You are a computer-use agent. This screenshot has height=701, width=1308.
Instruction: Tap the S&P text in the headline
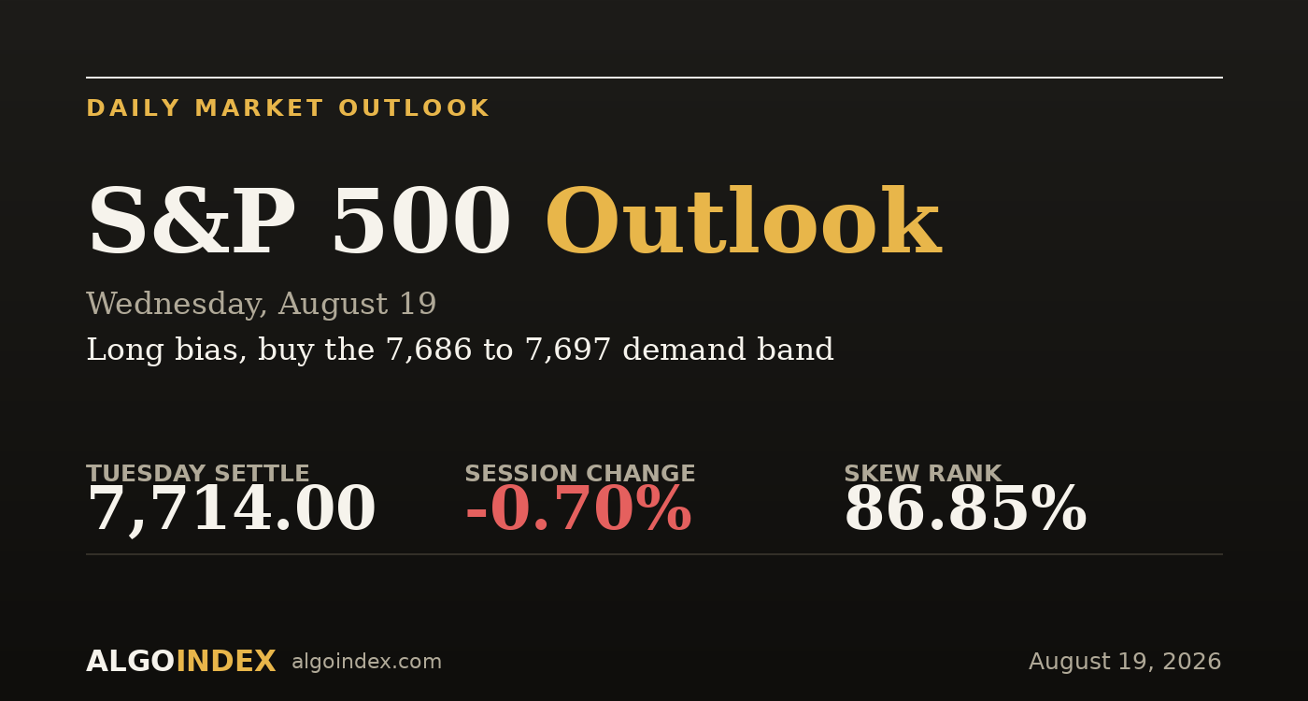[191, 220]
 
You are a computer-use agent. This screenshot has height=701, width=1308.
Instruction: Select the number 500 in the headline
[421, 220]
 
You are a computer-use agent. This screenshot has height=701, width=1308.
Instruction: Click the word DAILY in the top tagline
[133, 108]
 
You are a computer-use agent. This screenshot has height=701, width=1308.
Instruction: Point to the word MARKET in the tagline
[259, 108]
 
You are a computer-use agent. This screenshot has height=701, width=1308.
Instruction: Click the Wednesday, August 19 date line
[261, 305]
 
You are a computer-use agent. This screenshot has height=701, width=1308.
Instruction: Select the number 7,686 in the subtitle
[429, 350]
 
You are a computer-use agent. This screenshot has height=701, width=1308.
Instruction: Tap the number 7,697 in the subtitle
[568, 350]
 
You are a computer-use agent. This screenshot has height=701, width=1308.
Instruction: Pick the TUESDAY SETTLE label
[198, 473]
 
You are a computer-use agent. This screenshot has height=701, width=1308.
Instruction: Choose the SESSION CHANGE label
[580, 473]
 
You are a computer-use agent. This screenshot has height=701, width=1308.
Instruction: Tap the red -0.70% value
[578, 508]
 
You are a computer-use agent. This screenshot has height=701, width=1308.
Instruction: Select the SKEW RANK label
[923, 473]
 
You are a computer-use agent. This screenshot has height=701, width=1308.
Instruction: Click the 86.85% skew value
[965, 508]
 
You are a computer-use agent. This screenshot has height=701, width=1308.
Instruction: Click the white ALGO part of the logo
[131, 662]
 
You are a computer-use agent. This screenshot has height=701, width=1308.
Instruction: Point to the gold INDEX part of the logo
[226, 662]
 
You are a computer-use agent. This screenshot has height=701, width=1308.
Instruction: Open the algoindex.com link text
[366, 662]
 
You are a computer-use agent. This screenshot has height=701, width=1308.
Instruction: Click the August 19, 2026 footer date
[1125, 662]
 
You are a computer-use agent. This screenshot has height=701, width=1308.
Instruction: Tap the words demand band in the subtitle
[728, 350]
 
